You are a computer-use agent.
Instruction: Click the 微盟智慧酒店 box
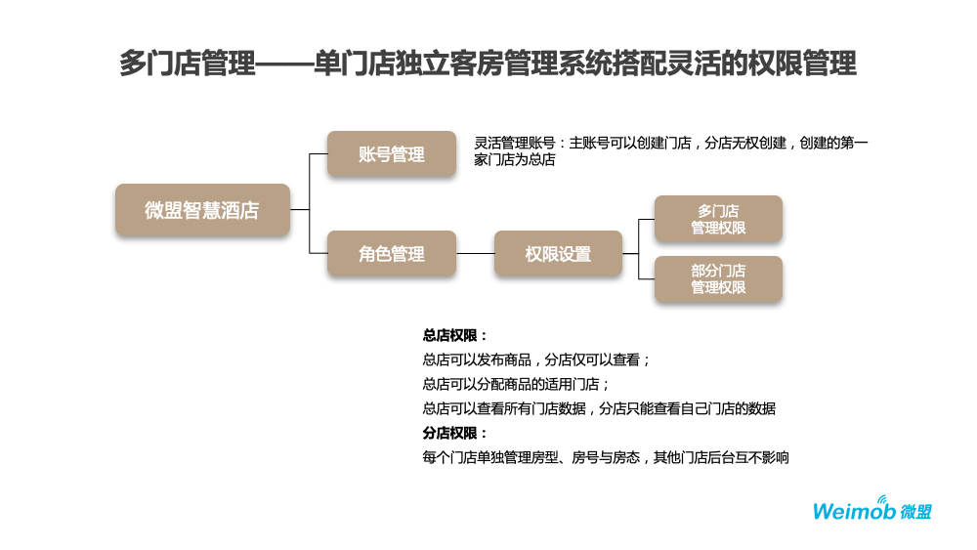[202, 210]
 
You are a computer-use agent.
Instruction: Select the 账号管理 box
[391, 154]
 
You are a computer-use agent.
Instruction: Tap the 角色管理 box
[391, 254]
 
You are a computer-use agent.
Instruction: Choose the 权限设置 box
[558, 254]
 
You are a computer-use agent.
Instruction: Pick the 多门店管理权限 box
[718, 219]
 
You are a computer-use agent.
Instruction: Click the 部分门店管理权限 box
[718, 279]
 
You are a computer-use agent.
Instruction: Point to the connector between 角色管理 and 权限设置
[475, 254]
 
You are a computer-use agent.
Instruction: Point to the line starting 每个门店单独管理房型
[605, 457]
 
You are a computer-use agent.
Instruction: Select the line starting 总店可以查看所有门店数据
[598, 408]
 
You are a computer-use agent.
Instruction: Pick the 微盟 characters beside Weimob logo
[915, 511]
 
